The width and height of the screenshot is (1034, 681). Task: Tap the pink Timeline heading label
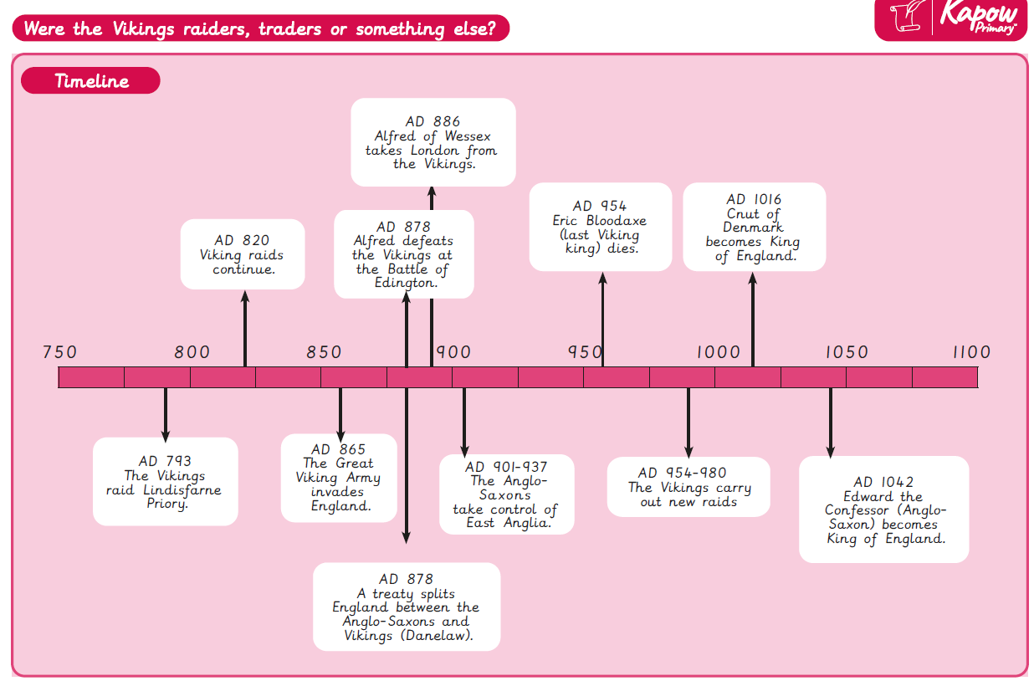(x=90, y=81)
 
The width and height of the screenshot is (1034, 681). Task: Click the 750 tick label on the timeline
(x=59, y=353)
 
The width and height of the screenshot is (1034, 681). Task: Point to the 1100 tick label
(x=970, y=353)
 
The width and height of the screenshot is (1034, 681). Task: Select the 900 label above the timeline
(x=453, y=353)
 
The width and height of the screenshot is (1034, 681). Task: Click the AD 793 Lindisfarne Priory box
(x=165, y=481)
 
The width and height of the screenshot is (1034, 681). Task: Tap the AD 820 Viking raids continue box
(x=243, y=254)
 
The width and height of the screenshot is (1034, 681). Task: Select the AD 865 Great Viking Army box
(x=339, y=477)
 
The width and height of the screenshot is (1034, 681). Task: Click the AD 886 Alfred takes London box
(x=432, y=142)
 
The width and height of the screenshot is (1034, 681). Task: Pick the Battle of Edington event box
(x=403, y=254)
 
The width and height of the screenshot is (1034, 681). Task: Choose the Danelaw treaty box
(x=407, y=607)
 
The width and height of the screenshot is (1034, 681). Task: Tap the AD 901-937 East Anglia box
(x=506, y=494)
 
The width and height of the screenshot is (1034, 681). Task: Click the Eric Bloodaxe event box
(x=600, y=227)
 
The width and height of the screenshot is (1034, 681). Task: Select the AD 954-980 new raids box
(x=688, y=487)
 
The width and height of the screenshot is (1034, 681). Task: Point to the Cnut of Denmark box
(x=754, y=227)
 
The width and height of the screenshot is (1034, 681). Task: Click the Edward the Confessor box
(x=883, y=509)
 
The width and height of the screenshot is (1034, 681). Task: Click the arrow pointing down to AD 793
(x=166, y=414)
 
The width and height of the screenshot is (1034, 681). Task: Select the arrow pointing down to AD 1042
(x=831, y=422)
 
